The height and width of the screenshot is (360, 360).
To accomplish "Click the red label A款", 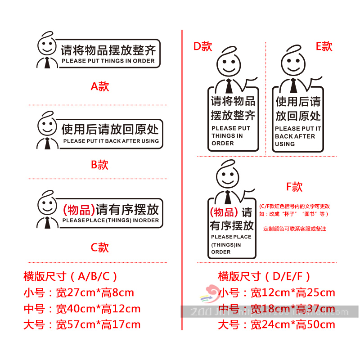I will pyautogui.click(x=100, y=86).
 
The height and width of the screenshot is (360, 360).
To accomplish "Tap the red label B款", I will pyautogui.click(x=100, y=165).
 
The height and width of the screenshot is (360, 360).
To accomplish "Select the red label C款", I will pyautogui.click(x=100, y=247).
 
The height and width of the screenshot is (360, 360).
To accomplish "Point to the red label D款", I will pyautogui.click(x=202, y=46).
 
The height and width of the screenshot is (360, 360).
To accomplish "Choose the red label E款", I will pyautogui.click(x=324, y=46).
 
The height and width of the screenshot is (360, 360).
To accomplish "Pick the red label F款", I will pyautogui.click(x=294, y=187).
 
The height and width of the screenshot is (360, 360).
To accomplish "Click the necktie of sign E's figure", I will pyautogui.click(x=294, y=85).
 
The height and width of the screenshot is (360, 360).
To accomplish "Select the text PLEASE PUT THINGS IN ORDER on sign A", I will pyautogui.click(x=108, y=61).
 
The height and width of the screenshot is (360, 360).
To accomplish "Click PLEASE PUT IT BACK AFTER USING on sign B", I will pyautogui.click(x=111, y=141).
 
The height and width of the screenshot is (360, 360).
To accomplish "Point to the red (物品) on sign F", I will pyautogui.click(x=224, y=212).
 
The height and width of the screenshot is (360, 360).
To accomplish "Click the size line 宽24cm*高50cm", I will pyautogui.click(x=292, y=324).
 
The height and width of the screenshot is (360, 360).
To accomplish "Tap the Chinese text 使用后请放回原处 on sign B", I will pyautogui.click(x=110, y=130).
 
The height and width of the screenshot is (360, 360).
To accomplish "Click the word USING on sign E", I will pyautogui.click(x=285, y=144).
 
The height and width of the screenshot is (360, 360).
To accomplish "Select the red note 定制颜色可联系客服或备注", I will pyautogui.click(x=295, y=229).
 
